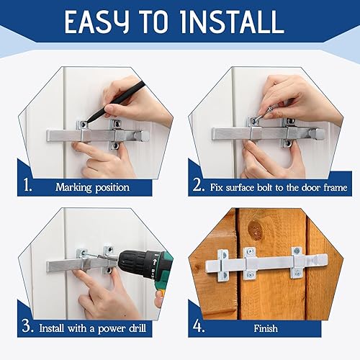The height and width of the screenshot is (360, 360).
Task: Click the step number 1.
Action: [x=27, y=186]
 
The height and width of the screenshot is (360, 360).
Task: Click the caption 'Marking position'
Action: [x=92, y=187]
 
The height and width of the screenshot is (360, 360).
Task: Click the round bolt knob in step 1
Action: [x=143, y=135]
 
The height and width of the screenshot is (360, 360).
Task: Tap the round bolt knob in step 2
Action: [x=316, y=134]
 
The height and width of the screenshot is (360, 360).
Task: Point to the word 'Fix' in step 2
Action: [x=219, y=187]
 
